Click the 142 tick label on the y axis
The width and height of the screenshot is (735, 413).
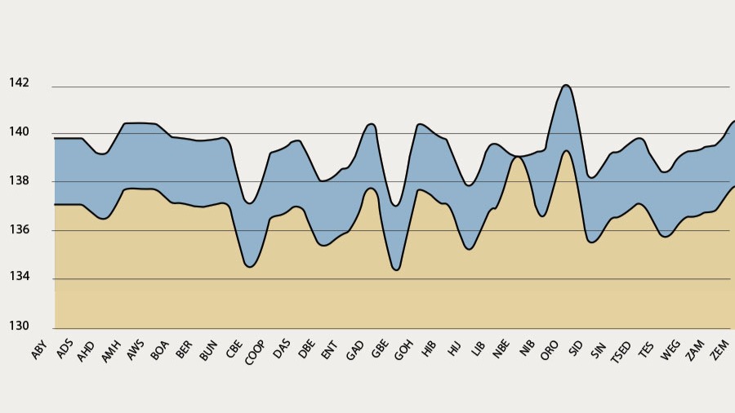(x=19, y=83)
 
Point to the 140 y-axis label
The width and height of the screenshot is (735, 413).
(x=19, y=132)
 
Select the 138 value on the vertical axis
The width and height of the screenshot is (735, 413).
(x=19, y=180)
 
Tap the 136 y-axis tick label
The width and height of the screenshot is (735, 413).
(x=19, y=229)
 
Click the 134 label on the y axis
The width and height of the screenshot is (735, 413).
(x=19, y=276)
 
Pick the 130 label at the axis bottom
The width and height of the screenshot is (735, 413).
(x=19, y=326)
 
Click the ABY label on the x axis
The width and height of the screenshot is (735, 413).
(x=39, y=350)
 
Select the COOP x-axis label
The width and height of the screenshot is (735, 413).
(x=255, y=352)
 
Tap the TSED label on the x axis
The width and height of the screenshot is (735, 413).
(x=620, y=352)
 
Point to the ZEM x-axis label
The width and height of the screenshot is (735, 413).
(x=720, y=350)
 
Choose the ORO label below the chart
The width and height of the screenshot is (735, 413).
(x=550, y=350)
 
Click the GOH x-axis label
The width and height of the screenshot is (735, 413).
(x=403, y=350)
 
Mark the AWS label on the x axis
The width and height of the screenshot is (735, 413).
(x=136, y=350)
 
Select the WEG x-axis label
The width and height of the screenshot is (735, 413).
(x=670, y=350)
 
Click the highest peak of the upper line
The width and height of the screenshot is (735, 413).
(x=566, y=85)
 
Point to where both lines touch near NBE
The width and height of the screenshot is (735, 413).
(x=517, y=157)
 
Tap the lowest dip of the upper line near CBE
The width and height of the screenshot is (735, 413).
(x=250, y=203)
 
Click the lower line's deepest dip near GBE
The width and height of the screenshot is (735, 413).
(x=397, y=270)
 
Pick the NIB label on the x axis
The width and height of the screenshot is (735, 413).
(x=527, y=349)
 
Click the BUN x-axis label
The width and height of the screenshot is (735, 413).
(x=208, y=350)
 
